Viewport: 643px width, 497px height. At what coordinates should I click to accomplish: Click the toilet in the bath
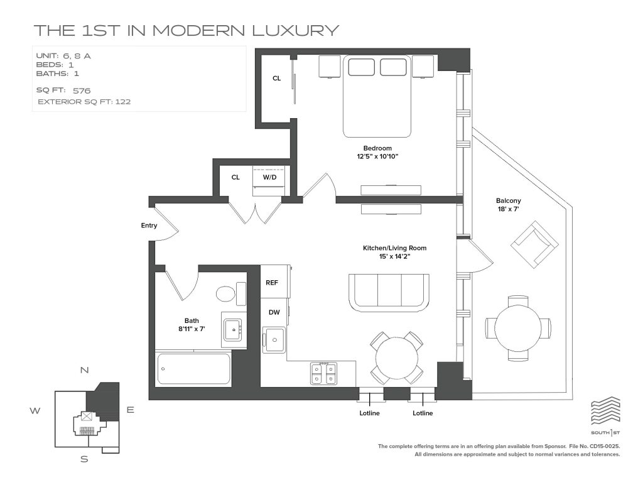tap(230, 294)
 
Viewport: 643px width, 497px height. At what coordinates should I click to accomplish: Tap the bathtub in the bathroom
tap(193, 369)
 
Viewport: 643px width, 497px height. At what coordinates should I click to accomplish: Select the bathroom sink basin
tap(233, 329)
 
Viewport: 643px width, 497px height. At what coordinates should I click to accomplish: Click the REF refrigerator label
tap(272, 283)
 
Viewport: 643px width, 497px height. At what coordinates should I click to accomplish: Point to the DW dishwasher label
tap(274, 312)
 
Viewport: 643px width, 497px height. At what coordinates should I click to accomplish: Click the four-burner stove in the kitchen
tap(323, 373)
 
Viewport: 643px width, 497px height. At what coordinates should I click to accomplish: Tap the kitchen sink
tap(274, 340)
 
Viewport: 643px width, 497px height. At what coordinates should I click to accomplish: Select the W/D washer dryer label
tap(269, 177)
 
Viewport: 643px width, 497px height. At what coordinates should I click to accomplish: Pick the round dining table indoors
tap(396, 358)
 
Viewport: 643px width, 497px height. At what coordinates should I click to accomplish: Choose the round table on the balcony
tap(517, 329)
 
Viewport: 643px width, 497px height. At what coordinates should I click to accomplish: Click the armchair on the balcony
tap(534, 244)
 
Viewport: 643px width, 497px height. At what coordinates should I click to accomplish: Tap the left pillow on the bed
tap(361, 67)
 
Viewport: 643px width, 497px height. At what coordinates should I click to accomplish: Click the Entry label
tap(149, 226)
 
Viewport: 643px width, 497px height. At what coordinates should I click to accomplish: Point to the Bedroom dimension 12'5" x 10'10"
tap(377, 156)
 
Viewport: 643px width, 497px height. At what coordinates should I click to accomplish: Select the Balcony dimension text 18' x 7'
tap(509, 209)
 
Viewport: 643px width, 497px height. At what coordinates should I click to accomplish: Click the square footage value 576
tap(82, 90)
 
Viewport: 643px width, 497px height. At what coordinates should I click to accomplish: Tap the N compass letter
tap(85, 370)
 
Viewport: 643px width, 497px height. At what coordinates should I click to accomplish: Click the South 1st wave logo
tap(605, 410)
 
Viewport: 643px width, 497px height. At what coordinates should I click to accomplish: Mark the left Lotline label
tap(369, 413)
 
